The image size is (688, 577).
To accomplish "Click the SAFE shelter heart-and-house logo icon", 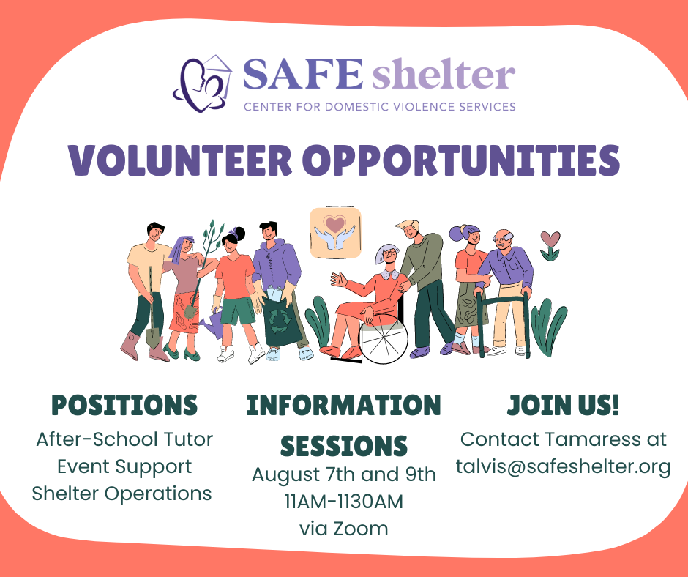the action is click(x=203, y=83).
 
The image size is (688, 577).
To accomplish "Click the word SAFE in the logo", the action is click(x=303, y=74).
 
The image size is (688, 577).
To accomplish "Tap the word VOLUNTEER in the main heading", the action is click(x=180, y=160).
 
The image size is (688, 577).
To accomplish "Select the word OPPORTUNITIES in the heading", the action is click(x=462, y=160).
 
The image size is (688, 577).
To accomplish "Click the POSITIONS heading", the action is click(x=124, y=405).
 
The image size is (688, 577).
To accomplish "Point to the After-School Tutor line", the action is click(x=124, y=439).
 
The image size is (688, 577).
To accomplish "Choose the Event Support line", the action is click(x=124, y=466).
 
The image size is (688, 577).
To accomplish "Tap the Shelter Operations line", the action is click(x=122, y=494).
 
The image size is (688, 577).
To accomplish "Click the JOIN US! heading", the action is click(x=564, y=405).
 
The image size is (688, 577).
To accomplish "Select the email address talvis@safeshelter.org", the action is click(x=564, y=466).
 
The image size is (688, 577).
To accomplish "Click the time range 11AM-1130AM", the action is click(x=344, y=502).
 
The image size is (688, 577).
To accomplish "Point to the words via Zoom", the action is click(x=344, y=529).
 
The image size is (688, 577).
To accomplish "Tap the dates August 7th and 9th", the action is click(x=344, y=474).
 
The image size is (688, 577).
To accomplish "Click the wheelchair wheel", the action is click(x=383, y=339).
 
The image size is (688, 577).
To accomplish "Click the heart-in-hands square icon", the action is click(x=336, y=233).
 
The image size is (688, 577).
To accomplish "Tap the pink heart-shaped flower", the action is click(x=550, y=239).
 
